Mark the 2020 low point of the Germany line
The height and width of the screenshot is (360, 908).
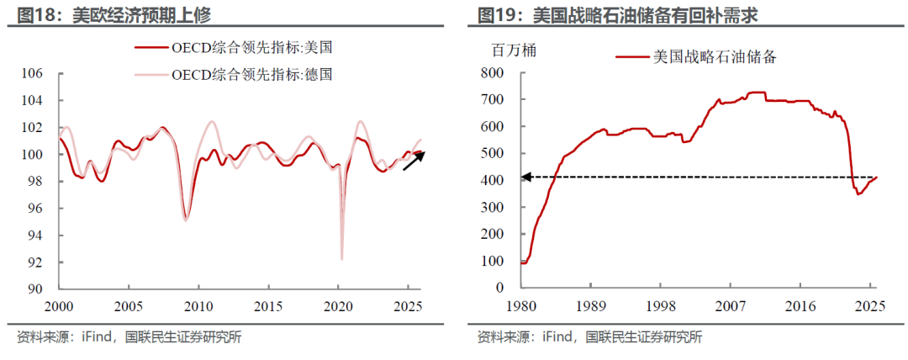click(341, 258)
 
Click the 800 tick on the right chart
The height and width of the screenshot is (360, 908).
click(490, 73)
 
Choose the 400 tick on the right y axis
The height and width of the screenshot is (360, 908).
click(490, 181)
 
